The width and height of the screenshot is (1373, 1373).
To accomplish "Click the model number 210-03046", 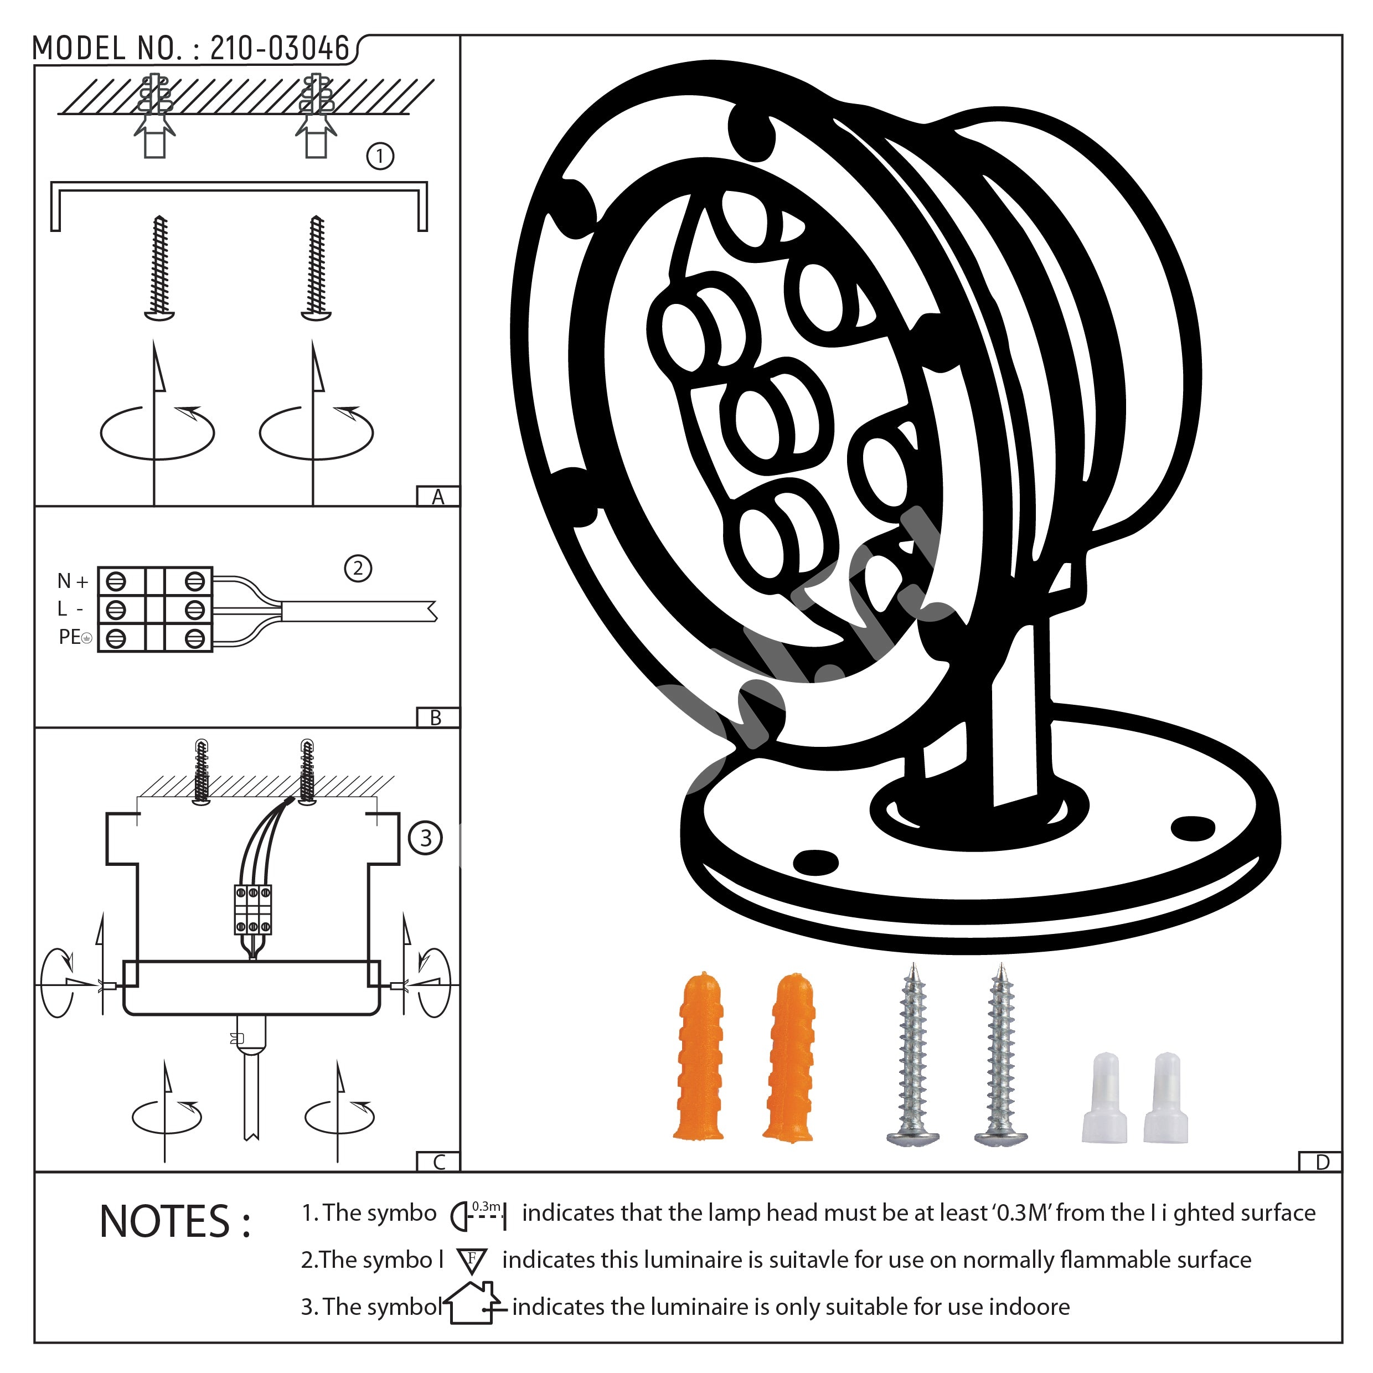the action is [280, 48].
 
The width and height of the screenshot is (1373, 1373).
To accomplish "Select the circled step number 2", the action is [358, 568].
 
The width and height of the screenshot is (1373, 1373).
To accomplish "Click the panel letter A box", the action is [438, 496].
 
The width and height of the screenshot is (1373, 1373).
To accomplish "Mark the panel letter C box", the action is [438, 1162].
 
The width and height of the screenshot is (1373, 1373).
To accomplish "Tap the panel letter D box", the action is [1320, 1162].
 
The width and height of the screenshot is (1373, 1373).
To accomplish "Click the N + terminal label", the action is [73, 581].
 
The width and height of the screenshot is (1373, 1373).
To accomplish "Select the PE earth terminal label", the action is [75, 637].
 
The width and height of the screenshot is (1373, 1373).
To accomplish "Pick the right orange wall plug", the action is [790, 1057].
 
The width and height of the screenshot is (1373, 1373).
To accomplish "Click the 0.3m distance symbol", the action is [479, 1215].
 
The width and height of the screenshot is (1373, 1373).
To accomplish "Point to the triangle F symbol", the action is [472, 1261].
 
